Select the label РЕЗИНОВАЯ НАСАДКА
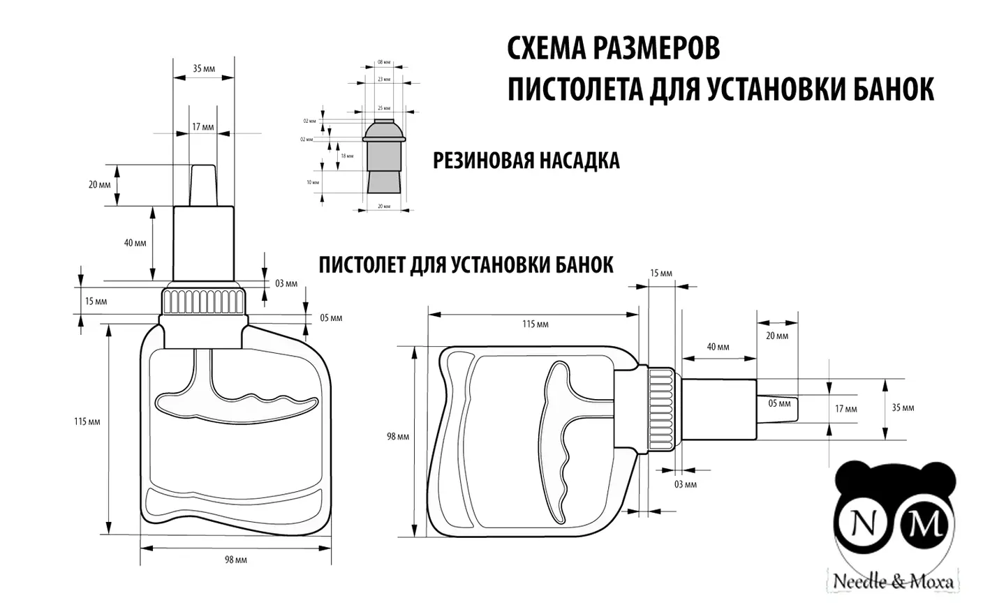pos(526,160)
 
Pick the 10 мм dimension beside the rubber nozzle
pos(313,182)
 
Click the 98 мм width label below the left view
pos(236,560)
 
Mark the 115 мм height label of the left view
pos(87,421)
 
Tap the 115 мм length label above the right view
pos(535,324)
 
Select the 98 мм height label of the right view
pos(398,437)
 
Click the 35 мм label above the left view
pos(204,68)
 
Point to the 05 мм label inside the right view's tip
pos(779,403)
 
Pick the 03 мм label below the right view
pos(686,484)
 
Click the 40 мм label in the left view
pos(135,243)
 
